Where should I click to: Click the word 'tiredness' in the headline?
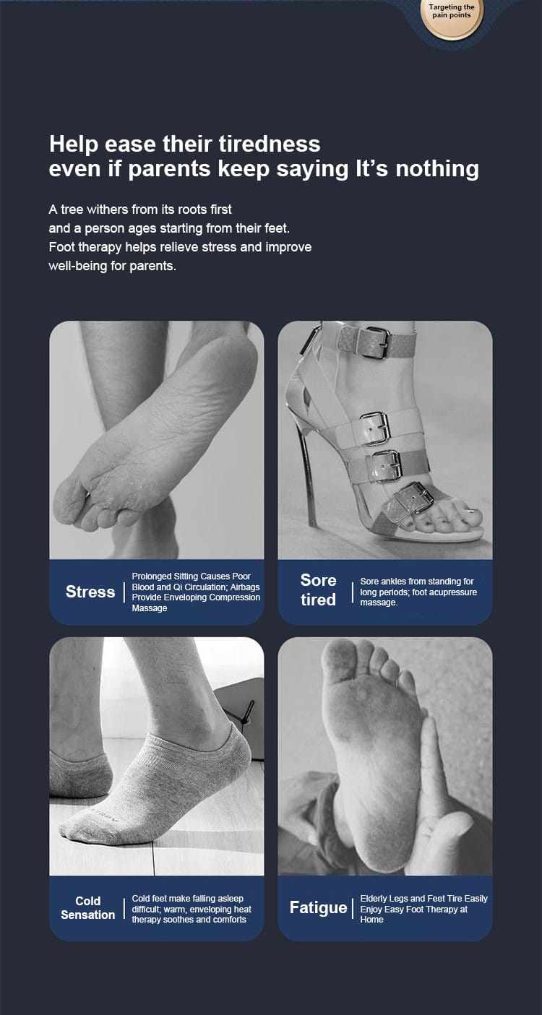[x=270, y=144]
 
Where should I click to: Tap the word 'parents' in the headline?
[x=170, y=170]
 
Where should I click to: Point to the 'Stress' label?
[x=90, y=592]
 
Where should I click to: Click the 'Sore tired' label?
[x=318, y=590]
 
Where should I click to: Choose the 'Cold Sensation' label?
[x=88, y=907]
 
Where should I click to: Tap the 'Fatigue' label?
[x=318, y=907]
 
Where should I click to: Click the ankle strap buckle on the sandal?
[x=377, y=342]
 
